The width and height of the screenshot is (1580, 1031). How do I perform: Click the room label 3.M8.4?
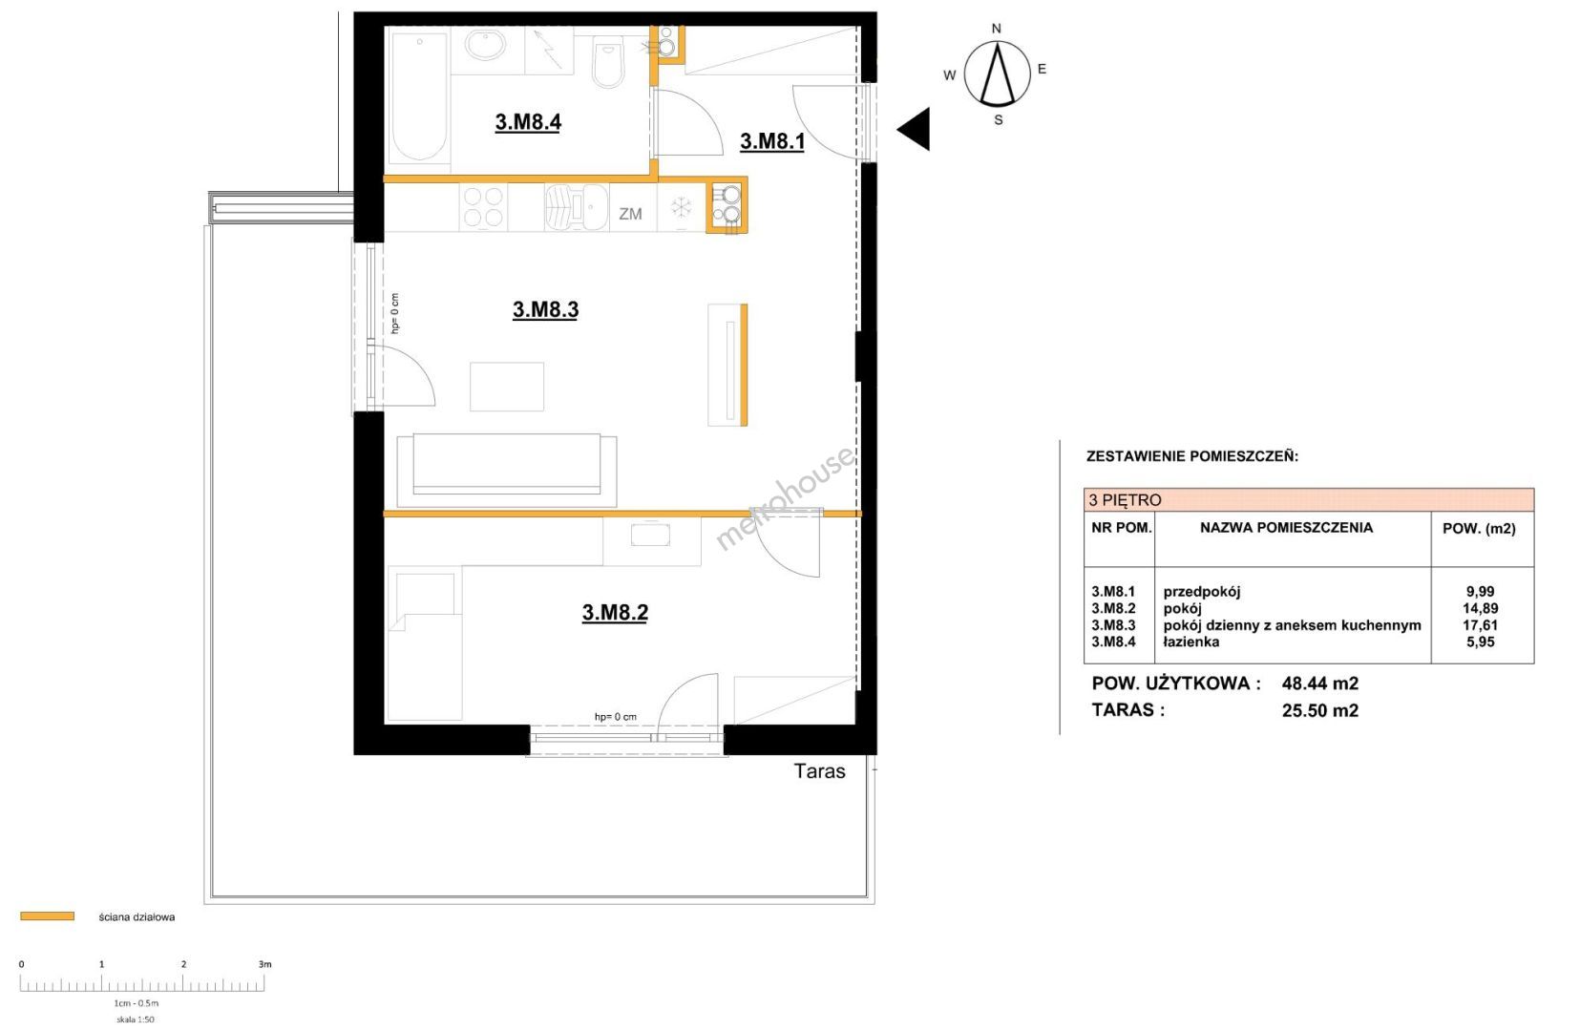pyautogui.click(x=528, y=122)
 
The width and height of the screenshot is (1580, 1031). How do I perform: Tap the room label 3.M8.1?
pyautogui.click(x=771, y=141)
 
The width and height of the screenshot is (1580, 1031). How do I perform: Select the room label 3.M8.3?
pyautogui.click(x=545, y=309)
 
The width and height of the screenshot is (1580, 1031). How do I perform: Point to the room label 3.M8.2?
pyautogui.click(x=615, y=612)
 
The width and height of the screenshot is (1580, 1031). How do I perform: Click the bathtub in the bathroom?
pyautogui.click(x=419, y=95)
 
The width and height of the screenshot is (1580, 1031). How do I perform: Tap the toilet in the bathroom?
pyautogui.click(x=607, y=62)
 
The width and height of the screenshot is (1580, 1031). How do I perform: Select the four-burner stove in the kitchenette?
pyautogui.click(x=483, y=207)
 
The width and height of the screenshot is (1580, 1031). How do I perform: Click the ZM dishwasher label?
pyautogui.click(x=630, y=214)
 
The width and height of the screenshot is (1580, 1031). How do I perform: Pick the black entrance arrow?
pyautogui.click(x=914, y=129)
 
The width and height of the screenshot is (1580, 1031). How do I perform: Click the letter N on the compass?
pyautogui.click(x=996, y=29)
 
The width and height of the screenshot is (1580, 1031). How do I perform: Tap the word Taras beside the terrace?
pyautogui.click(x=819, y=770)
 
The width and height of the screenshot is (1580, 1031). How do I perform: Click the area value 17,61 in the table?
pyautogui.click(x=1480, y=625)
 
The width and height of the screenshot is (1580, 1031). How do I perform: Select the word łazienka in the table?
pyautogui.click(x=1191, y=642)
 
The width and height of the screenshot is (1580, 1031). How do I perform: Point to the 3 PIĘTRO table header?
pyautogui.click(x=1125, y=500)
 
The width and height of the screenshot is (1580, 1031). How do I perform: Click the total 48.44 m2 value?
pyautogui.click(x=1319, y=684)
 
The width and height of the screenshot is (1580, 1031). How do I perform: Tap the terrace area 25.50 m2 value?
pyautogui.click(x=1319, y=710)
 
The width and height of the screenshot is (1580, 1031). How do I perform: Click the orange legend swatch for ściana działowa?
pyautogui.click(x=48, y=916)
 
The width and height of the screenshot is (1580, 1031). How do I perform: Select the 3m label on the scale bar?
pyautogui.click(x=264, y=964)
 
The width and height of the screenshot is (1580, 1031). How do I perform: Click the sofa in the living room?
pyautogui.click(x=506, y=471)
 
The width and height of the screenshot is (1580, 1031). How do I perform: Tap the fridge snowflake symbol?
pyautogui.click(x=681, y=208)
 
